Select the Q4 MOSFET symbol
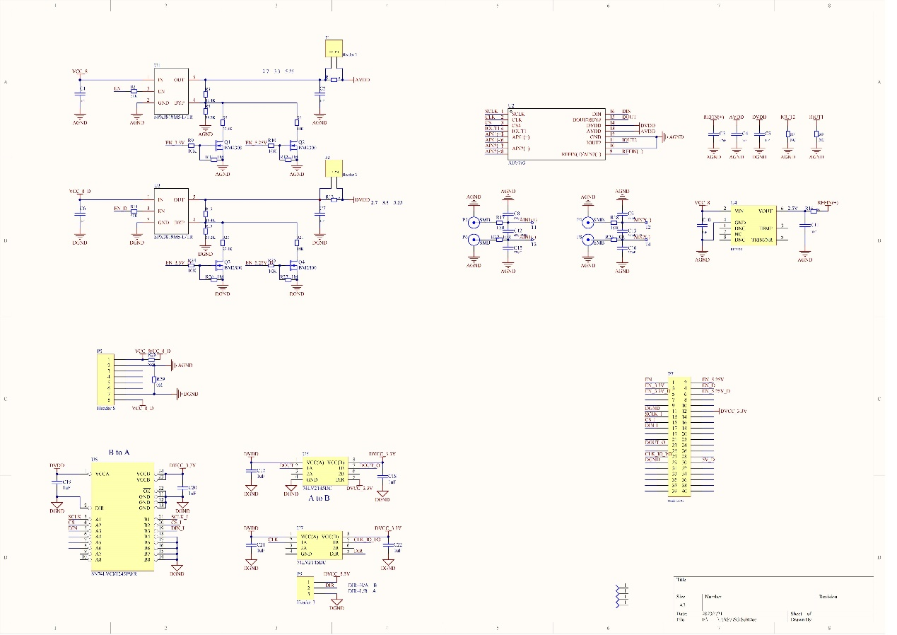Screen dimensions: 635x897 pos(293,267)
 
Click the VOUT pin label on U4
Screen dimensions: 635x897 pos(766,210)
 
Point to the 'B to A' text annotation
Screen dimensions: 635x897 pos(119,452)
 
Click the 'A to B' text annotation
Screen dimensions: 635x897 pos(319,499)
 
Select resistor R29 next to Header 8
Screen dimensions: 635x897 pos(153,380)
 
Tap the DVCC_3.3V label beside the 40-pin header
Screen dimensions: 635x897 pos(733,411)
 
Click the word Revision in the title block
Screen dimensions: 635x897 pos(829,596)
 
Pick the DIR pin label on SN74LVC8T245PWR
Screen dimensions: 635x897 pos(100,508)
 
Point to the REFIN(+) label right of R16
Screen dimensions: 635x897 pos(828,203)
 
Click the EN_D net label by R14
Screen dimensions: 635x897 pos(120,209)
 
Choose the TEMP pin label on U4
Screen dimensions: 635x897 pos(766,228)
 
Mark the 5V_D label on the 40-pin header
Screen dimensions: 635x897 pos(709,460)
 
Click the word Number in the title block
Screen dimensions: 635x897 pos(713,596)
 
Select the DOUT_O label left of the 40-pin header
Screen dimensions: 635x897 pos(656,442)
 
